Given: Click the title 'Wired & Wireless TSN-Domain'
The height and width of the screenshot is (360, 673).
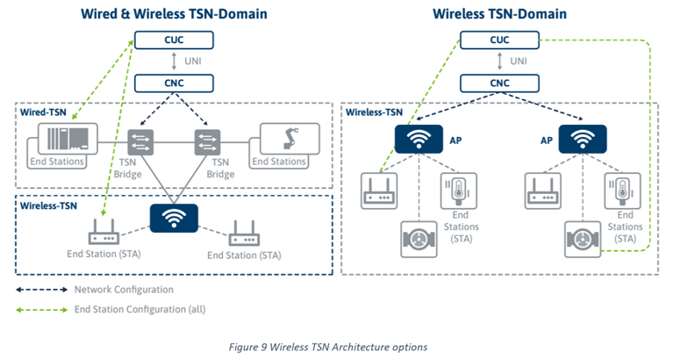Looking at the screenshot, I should coord(174,14).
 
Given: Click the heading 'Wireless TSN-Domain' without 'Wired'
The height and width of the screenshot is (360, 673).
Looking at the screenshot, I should coord(498,14).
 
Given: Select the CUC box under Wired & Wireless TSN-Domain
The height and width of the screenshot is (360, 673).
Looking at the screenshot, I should coord(162,40).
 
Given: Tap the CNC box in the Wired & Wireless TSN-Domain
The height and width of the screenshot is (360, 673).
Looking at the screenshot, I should coord(162,84).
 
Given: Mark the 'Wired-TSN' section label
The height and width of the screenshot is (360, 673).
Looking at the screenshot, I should coord(43,112).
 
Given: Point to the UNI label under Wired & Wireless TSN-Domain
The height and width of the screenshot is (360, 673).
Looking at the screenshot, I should coord(180,61).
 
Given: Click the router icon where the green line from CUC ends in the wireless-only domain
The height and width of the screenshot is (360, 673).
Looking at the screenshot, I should coord(379,191).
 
